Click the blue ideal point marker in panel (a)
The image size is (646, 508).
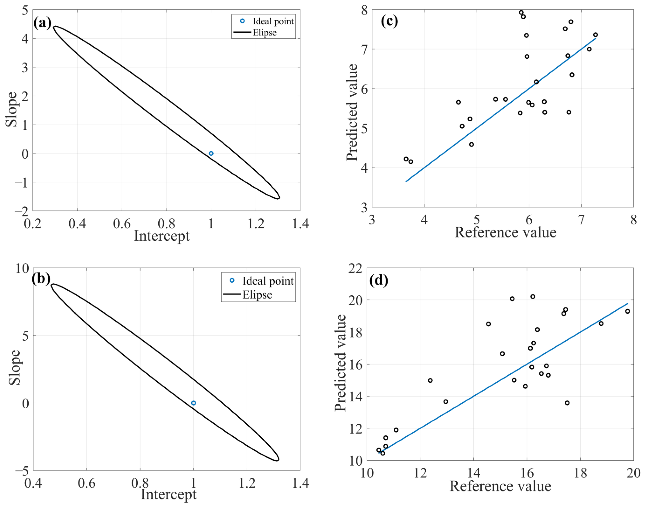pyautogui.click(x=211, y=154)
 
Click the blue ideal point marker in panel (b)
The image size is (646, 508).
pyautogui.click(x=194, y=403)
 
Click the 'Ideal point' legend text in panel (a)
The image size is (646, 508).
pyautogui.click(x=273, y=21)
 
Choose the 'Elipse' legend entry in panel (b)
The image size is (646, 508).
pyautogui.click(x=257, y=295)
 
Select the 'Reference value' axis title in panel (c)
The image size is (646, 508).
pyautogui.click(x=505, y=232)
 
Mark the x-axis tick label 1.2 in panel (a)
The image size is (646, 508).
pyautogui.click(x=256, y=224)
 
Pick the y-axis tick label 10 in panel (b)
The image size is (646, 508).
pyautogui.click(x=23, y=269)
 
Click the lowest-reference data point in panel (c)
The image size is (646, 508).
pyautogui.click(x=406, y=159)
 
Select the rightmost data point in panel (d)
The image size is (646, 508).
pyautogui.click(x=628, y=311)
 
